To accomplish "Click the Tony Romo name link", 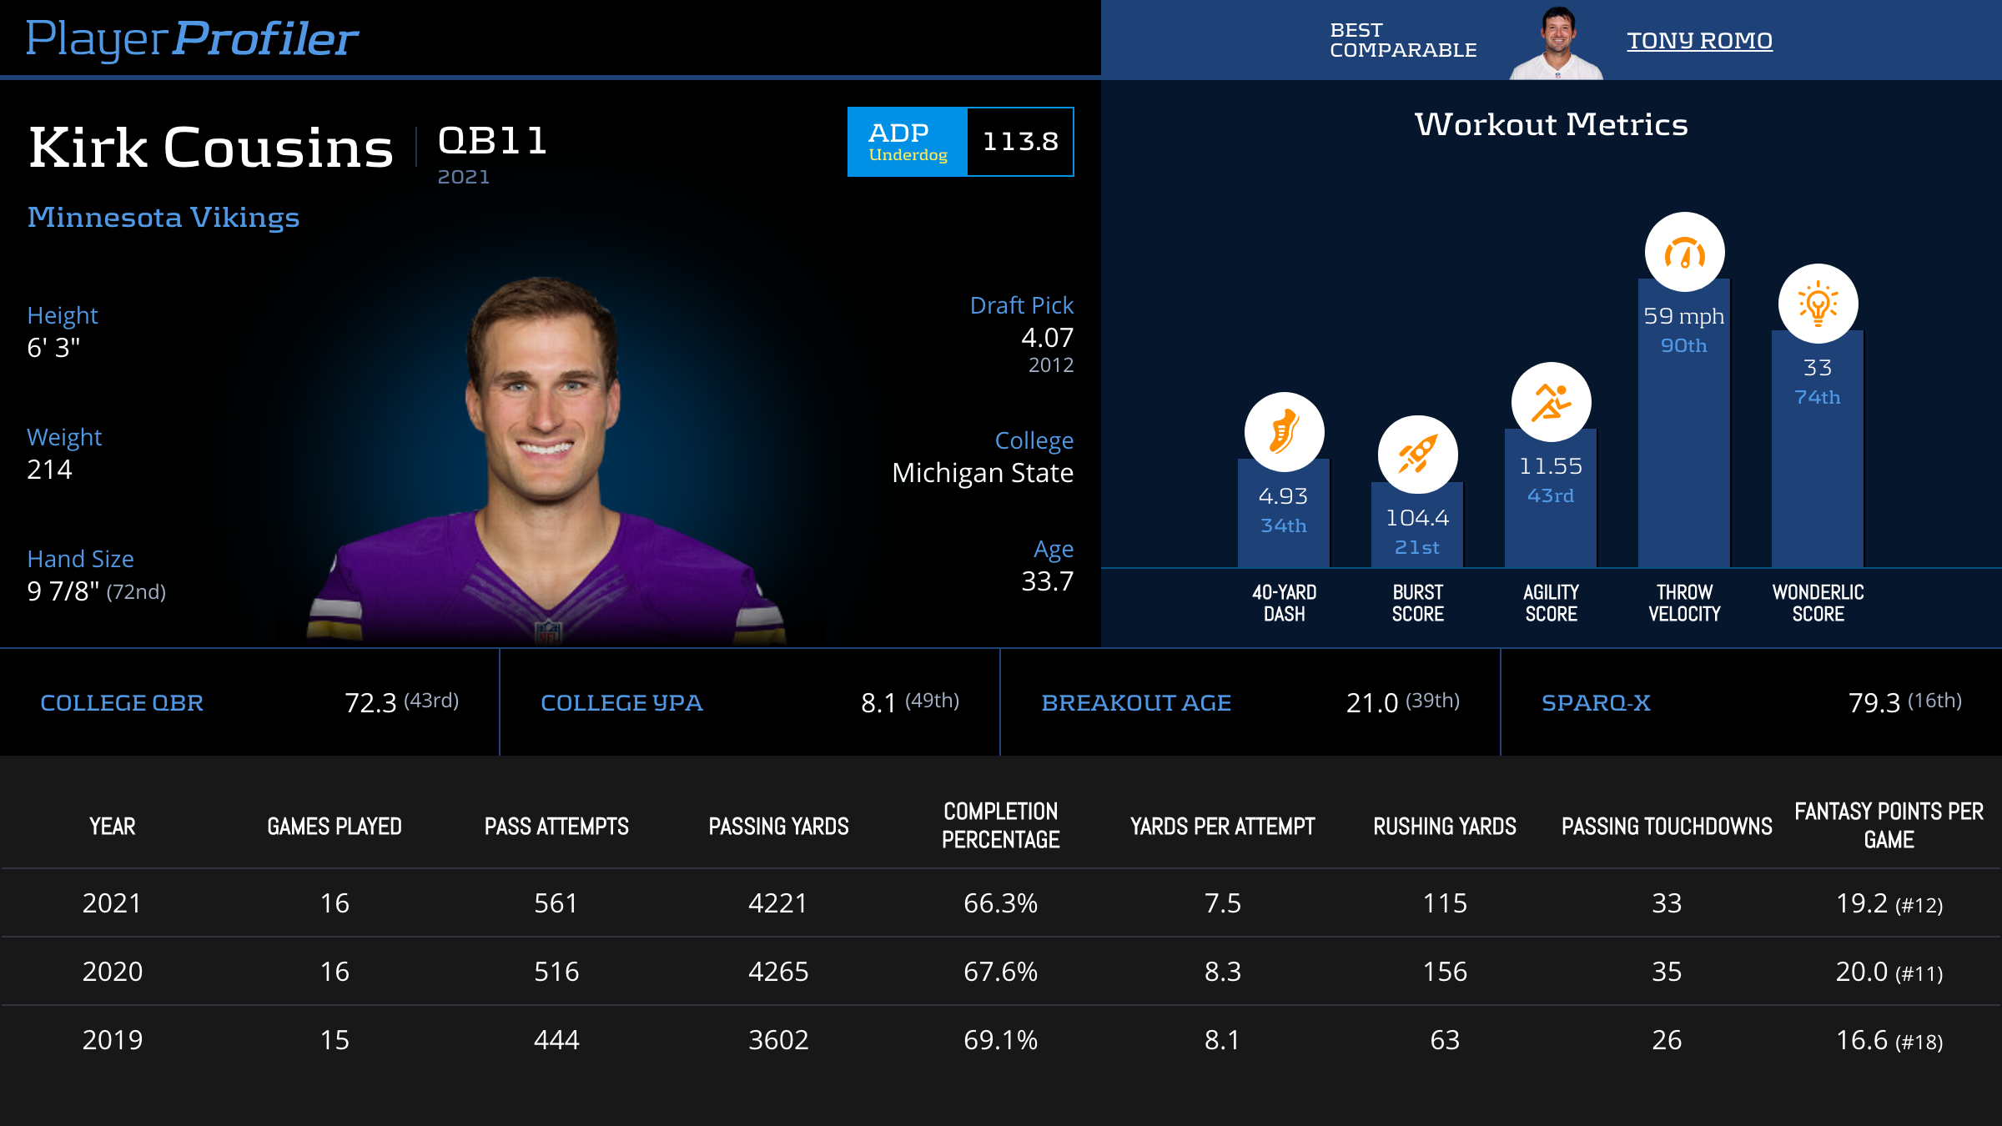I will pyautogui.click(x=1699, y=41).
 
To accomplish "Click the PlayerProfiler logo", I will pyautogui.click(x=192, y=39).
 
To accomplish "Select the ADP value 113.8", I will pyautogui.click(x=1020, y=142).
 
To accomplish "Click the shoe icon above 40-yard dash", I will pyautogui.click(x=1284, y=431).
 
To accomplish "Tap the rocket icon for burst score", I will pyautogui.click(x=1417, y=455).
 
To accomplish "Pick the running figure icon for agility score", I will pyautogui.click(x=1551, y=402).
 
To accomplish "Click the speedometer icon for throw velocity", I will pyautogui.click(x=1684, y=252).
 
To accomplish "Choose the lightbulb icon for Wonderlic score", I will pyautogui.click(x=1818, y=304).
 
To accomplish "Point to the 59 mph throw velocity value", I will pyautogui.click(x=1683, y=316).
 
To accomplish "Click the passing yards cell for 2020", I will pyautogui.click(x=778, y=972).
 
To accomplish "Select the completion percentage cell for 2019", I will pyautogui.click(x=1000, y=1040).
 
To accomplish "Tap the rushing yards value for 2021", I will pyautogui.click(x=1445, y=903).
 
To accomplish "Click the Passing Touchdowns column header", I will pyautogui.click(x=1667, y=827).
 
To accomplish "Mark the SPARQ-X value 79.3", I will pyautogui.click(x=1874, y=703).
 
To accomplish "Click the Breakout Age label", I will pyautogui.click(x=1136, y=703).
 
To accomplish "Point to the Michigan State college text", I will pyautogui.click(x=982, y=473).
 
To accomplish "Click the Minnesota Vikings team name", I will pyautogui.click(x=163, y=218).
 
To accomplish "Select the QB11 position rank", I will pyautogui.click(x=492, y=140).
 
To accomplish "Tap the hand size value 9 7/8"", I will pyautogui.click(x=63, y=591).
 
